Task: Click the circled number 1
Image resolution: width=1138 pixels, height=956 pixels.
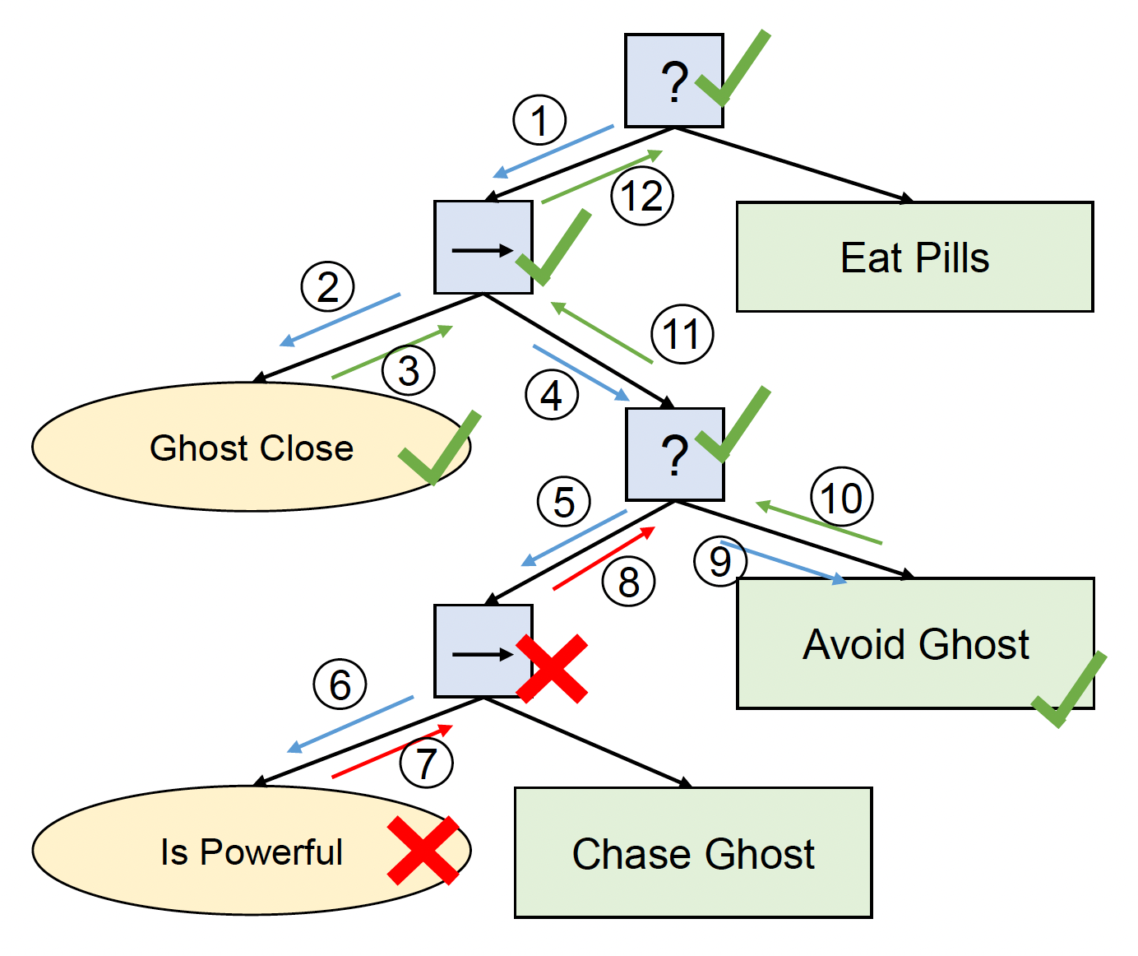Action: pos(539,120)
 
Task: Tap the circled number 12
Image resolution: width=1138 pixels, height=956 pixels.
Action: pos(642,196)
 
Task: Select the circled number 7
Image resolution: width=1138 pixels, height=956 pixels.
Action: pos(426,762)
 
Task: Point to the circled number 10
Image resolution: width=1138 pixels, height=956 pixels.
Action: pos(842,498)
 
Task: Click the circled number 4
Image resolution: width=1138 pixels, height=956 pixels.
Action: pos(552,395)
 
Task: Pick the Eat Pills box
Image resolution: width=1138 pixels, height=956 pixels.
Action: pos(914,257)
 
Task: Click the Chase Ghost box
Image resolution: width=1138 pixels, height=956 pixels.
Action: pos(692,852)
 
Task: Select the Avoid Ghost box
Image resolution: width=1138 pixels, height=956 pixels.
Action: pos(914,643)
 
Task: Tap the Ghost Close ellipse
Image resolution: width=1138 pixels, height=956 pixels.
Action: pos(251,447)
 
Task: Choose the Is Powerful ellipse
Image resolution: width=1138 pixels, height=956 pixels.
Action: pos(251,851)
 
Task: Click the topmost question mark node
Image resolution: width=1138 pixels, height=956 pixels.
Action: pos(673,81)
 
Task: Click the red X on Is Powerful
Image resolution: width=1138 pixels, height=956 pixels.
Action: pos(423,851)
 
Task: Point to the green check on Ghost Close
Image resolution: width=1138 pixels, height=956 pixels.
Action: pos(439,448)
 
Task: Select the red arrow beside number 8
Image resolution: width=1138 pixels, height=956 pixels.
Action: pos(604,558)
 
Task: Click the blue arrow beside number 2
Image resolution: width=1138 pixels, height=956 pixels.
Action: pos(340,319)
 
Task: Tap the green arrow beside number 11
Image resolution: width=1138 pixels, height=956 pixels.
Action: pos(602,332)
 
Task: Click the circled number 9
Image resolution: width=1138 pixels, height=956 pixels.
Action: pos(719,561)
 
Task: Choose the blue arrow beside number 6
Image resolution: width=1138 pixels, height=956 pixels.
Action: pos(350,724)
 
